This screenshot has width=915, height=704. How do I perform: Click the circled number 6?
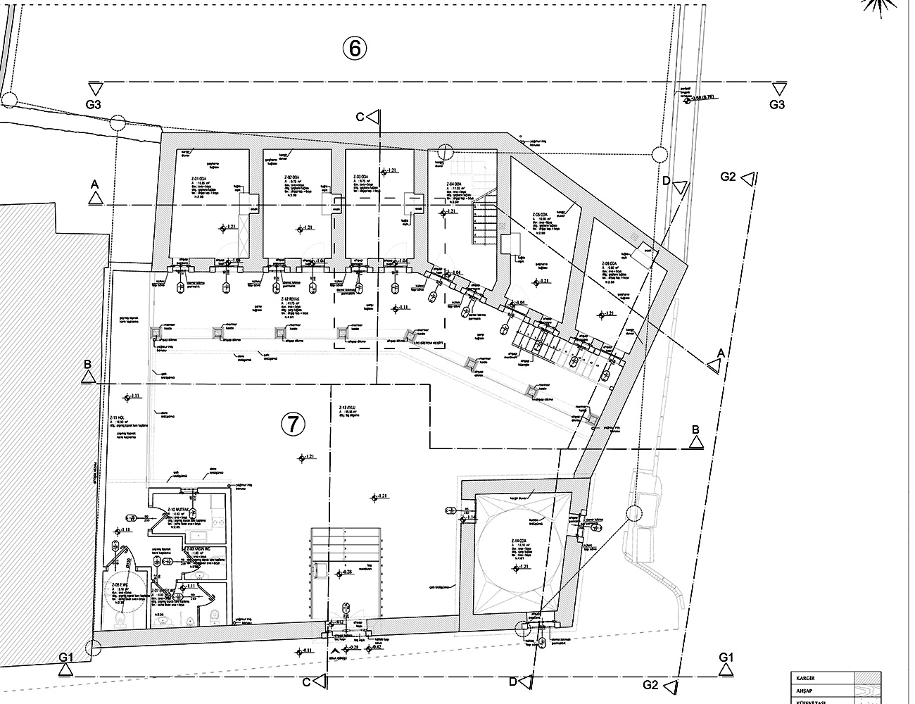(355, 48)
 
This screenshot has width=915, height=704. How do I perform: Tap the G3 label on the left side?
(95, 105)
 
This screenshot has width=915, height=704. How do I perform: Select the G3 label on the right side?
(776, 105)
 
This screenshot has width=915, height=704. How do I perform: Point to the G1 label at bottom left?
(67, 657)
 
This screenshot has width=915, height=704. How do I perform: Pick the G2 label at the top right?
(728, 177)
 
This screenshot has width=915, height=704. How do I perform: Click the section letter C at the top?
(360, 117)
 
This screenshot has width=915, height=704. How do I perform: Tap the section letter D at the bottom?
(513, 681)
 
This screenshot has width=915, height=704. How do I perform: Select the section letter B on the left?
(87, 364)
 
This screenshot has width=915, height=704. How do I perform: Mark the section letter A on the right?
(721, 352)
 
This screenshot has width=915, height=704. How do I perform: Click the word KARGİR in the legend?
(807, 677)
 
